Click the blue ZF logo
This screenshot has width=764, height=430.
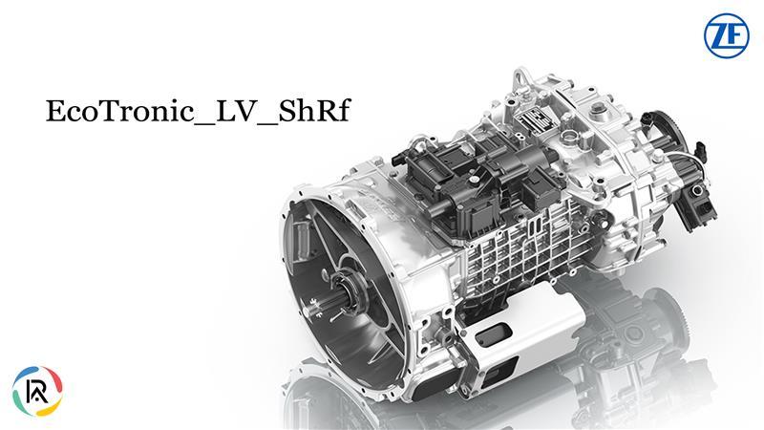(x=726, y=37)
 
